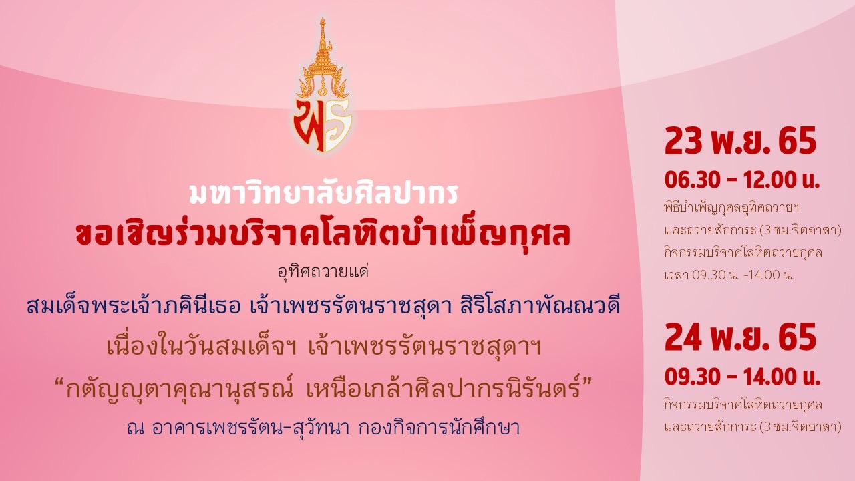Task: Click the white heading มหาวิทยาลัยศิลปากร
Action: [323, 194]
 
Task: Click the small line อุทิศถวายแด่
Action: [323, 272]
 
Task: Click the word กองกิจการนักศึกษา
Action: [440, 428]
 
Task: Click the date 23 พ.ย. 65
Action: [740, 141]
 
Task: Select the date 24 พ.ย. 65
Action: [740, 337]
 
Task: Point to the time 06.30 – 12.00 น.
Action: [742, 180]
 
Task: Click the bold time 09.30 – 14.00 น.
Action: [742, 377]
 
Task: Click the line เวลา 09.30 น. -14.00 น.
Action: [729, 275]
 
